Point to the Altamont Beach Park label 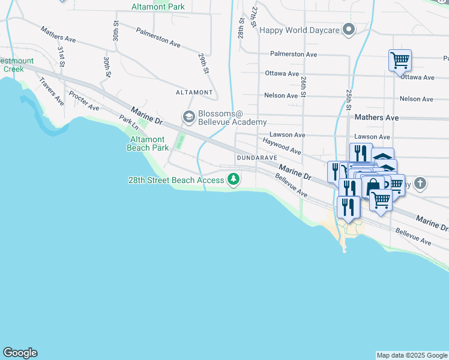tap(148, 143)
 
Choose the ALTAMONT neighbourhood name tap(194, 92)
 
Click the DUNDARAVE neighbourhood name tap(256, 157)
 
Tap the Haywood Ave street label tap(282, 145)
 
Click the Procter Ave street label tap(83, 101)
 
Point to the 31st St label tap(61, 56)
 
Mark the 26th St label tap(304, 86)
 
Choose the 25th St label tap(348, 100)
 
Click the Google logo tap(20, 353)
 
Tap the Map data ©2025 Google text tap(412, 355)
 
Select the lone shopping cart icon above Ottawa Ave tap(400, 60)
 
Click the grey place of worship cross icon tap(420, 184)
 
